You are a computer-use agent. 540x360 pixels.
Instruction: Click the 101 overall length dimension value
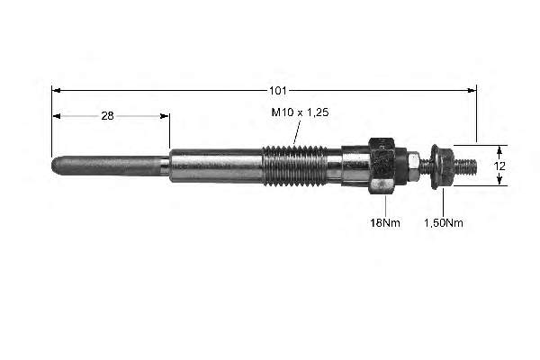(277, 91)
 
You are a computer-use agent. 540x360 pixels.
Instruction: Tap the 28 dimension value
(107, 116)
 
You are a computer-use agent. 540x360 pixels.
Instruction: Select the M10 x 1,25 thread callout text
(300, 112)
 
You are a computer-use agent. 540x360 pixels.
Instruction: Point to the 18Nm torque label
(385, 222)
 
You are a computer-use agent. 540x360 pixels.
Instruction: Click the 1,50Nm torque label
(443, 222)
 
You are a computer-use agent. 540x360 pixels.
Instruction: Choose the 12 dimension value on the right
(499, 166)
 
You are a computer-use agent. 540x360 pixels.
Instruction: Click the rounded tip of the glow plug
(54, 166)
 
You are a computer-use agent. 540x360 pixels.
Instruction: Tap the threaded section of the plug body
(293, 166)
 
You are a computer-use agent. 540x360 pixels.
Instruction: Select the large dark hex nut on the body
(382, 166)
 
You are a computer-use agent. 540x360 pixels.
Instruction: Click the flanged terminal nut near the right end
(441, 166)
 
